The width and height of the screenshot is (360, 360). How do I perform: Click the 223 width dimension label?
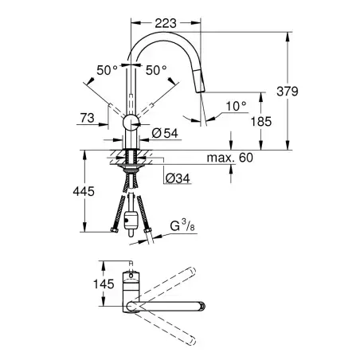coord(166,23)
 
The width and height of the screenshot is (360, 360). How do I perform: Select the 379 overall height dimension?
coord(288,92)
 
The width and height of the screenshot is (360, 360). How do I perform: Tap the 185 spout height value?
coord(261,122)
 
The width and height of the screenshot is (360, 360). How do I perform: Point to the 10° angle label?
coord(237,106)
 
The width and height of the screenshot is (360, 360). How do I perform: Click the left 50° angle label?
coord(107,70)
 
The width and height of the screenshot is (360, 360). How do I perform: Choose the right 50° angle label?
coord(156,70)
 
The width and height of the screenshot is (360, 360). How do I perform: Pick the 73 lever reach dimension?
coord(88,118)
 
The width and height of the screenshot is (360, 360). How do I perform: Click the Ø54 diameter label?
coord(165,133)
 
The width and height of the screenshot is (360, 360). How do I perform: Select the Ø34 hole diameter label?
coord(178,178)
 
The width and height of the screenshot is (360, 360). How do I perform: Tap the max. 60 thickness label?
coord(230,158)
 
